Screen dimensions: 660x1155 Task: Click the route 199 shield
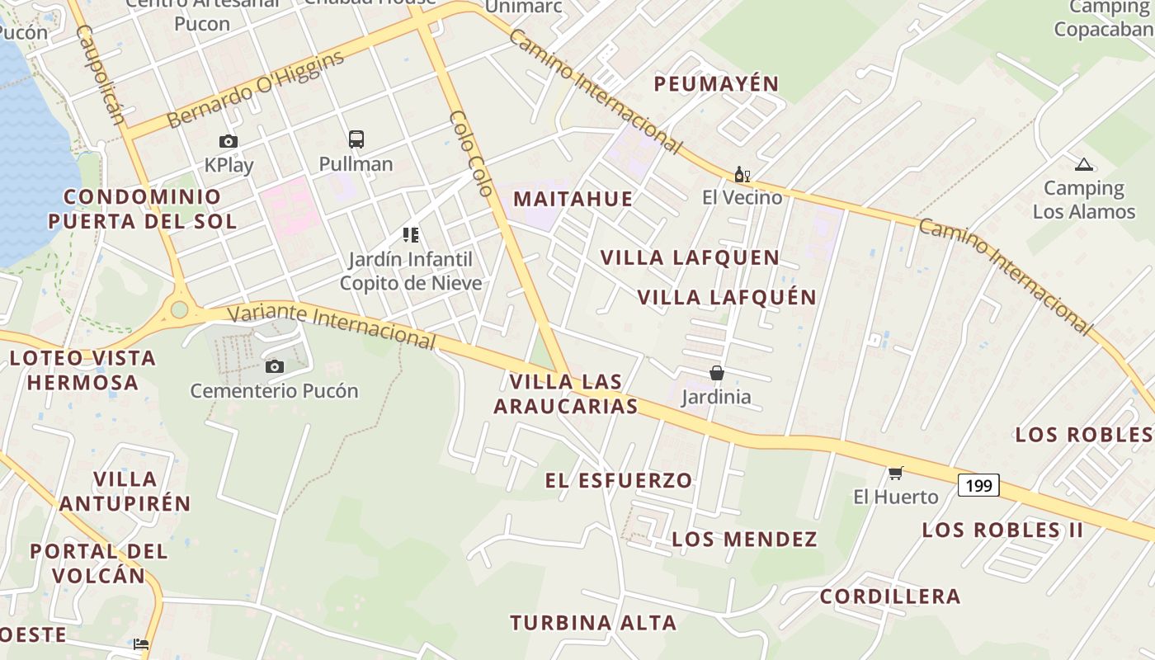[x=978, y=485]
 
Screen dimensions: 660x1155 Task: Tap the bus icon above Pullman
[x=356, y=139]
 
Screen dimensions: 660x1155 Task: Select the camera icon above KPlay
[x=229, y=142]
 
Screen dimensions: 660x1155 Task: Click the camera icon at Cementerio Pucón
[x=275, y=366]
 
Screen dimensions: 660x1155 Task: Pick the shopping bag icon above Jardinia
[x=717, y=373]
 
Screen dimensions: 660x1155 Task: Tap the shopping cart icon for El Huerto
[x=896, y=473]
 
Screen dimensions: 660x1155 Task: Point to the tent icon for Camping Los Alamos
[x=1083, y=164]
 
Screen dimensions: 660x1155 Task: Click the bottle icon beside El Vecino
[x=742, y=174]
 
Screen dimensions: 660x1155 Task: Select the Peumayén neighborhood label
[x=716, y=84]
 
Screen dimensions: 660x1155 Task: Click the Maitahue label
[x=573, y=199]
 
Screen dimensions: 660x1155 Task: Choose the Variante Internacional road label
[x=331, y=324]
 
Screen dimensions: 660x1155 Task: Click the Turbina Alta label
[x=593, y=623]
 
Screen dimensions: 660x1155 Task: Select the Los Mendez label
[x=744, y=540]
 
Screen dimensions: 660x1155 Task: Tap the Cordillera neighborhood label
[x=890, y=596]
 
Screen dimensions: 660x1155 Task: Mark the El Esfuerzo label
[x=619, y=480]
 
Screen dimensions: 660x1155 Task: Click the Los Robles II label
[x=1002, y=530]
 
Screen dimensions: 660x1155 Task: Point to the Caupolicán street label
[x=101, y=74]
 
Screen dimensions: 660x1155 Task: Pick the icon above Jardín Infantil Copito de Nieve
[x=411, y=235]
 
